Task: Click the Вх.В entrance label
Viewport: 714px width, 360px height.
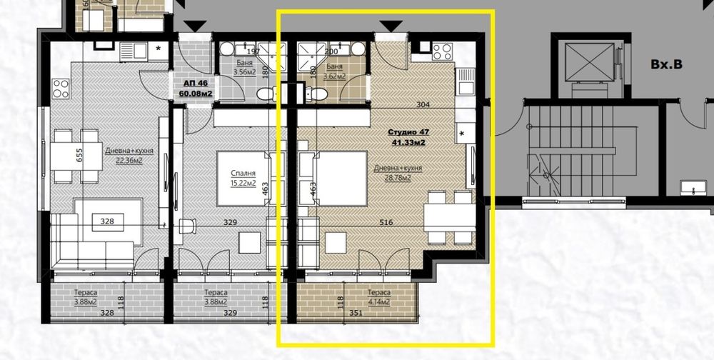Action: coord(666,64)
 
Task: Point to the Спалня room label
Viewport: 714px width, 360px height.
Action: coord(243,173)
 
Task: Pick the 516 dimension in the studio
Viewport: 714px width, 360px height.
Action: coord(386,223)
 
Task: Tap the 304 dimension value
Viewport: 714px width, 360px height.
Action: coord(423,104)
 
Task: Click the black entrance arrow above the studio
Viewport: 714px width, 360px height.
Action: coord(389,26)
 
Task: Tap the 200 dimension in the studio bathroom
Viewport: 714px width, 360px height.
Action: coord(331,51)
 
